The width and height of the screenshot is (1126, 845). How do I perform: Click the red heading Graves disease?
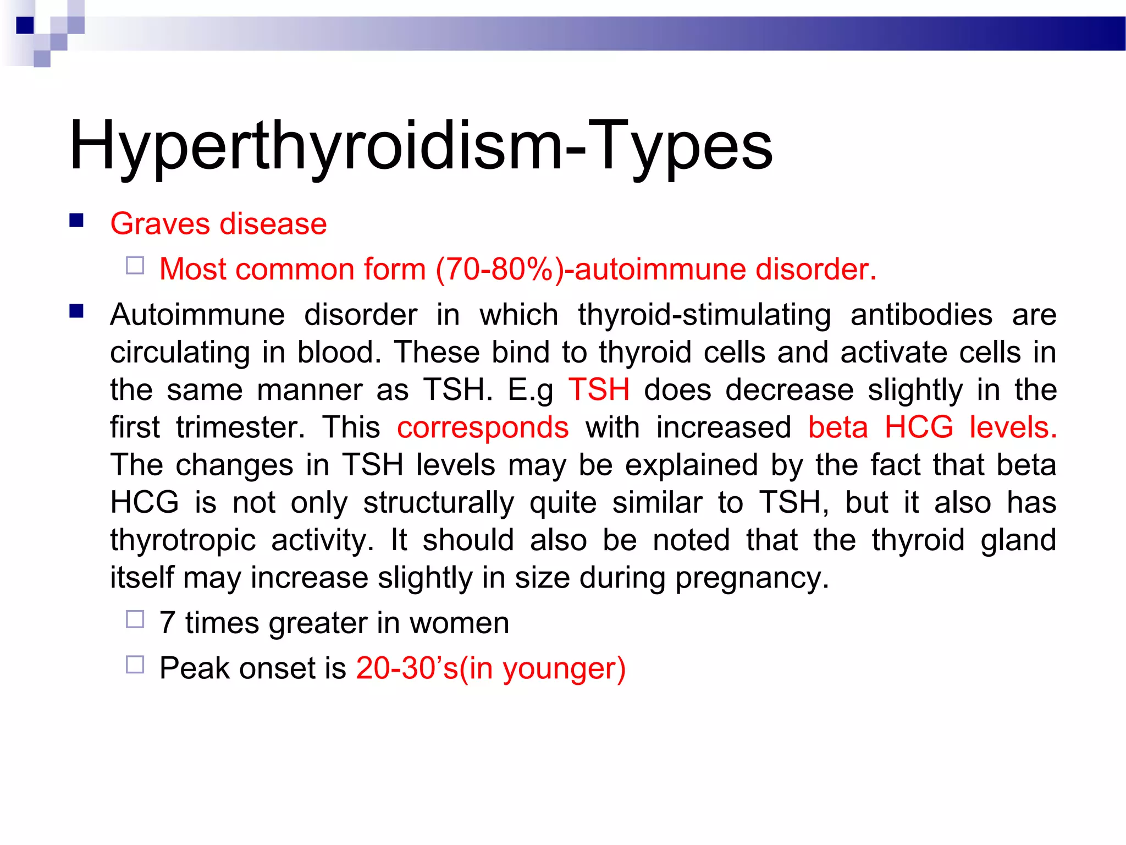coord(218,224)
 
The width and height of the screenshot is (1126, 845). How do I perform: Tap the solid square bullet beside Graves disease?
coord(76,221)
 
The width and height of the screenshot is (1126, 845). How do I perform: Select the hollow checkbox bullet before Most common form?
coord(135,266)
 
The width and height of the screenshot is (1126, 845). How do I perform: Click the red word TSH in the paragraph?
coord(599,389)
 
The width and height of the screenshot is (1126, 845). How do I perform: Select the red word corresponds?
coord(483,427)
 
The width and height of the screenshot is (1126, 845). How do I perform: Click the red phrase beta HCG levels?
coord(932,427)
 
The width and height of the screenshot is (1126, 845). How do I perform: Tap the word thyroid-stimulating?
coord(704,315)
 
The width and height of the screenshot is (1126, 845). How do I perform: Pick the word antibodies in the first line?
coord(921,315)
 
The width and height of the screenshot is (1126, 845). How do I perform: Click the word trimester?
coord(240,427)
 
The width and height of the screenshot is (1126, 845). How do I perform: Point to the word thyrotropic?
coord(183,540)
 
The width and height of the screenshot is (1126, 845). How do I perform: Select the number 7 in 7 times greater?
coord(167,623)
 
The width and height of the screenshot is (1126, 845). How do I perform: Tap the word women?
coord(459,623)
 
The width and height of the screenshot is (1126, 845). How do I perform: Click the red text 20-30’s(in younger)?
coord(490,668)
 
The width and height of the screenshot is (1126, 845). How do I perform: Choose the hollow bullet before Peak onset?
coord(135,665)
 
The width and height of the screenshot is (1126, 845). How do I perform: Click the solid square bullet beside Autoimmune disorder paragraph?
coord(76,312)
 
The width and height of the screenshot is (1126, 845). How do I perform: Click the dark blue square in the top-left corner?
coord(25,25)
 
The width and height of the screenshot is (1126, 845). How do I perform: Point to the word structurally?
coord(439,503)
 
